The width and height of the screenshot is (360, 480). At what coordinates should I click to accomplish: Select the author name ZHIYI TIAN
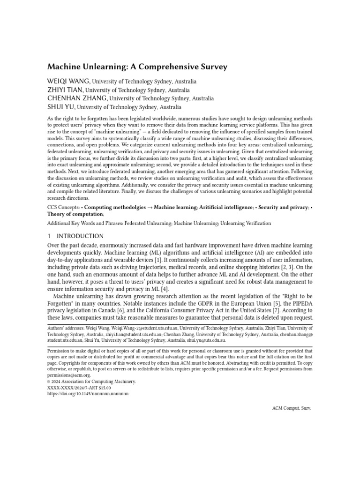(x=65, y=90)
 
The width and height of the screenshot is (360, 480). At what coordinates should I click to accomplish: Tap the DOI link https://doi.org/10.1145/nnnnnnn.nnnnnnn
(x=88, y=394)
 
